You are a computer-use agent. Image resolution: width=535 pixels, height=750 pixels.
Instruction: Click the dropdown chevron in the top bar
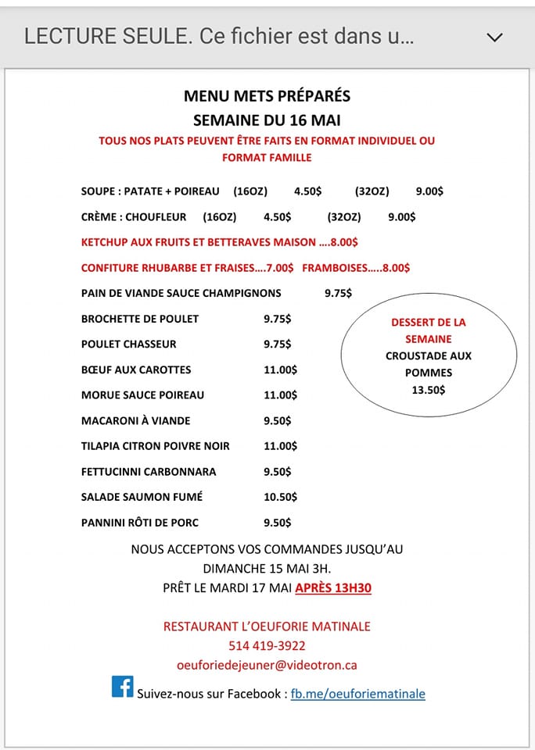click(494, 37)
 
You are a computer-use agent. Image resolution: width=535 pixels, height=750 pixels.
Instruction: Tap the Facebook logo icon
click(123, 687)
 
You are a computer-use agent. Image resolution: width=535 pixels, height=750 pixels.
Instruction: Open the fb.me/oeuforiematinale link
click(358, 694)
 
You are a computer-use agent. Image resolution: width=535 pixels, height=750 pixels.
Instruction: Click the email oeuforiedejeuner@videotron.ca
click(267, 665)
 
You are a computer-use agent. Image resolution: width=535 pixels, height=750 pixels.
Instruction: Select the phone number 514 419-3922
click(267, 646)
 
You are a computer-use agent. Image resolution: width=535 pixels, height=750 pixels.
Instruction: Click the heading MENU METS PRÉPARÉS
click(267, 96)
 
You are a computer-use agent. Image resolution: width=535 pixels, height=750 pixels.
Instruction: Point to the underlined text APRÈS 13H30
click(333, 587)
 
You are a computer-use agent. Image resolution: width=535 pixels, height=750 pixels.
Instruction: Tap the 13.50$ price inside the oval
click(428, 390)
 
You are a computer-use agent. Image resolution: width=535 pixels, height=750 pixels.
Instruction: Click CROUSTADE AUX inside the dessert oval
click(428, 356)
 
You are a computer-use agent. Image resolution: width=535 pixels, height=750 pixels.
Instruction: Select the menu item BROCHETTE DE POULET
click(140, 319)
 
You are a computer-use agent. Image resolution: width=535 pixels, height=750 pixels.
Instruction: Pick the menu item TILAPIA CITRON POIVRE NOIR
click(156, 446)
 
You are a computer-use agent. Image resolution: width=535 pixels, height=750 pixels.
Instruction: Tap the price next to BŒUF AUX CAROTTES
click(281, 370)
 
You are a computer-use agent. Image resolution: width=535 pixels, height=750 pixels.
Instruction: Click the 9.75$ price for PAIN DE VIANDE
click(338, 294)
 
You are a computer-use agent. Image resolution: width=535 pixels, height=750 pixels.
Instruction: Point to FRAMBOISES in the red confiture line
click(334, 268)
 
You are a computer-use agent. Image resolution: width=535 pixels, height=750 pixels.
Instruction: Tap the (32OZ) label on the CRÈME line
click(344, 217)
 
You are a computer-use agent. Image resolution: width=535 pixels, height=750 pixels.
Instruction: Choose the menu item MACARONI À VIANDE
click(136, 420)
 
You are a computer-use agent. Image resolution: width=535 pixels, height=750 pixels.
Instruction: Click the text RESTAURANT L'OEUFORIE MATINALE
click(267, 627)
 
